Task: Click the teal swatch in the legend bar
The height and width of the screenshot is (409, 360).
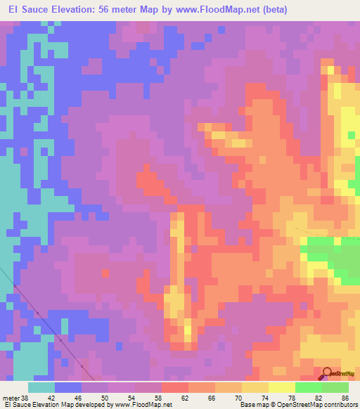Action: click(x=41, y=388)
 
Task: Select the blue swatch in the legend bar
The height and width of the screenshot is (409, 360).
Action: click(x=68, y=388)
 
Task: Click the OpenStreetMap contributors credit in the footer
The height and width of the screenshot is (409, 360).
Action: click(x=314, y=405)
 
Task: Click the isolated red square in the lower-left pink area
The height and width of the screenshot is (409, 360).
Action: click(x=105, y=273)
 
